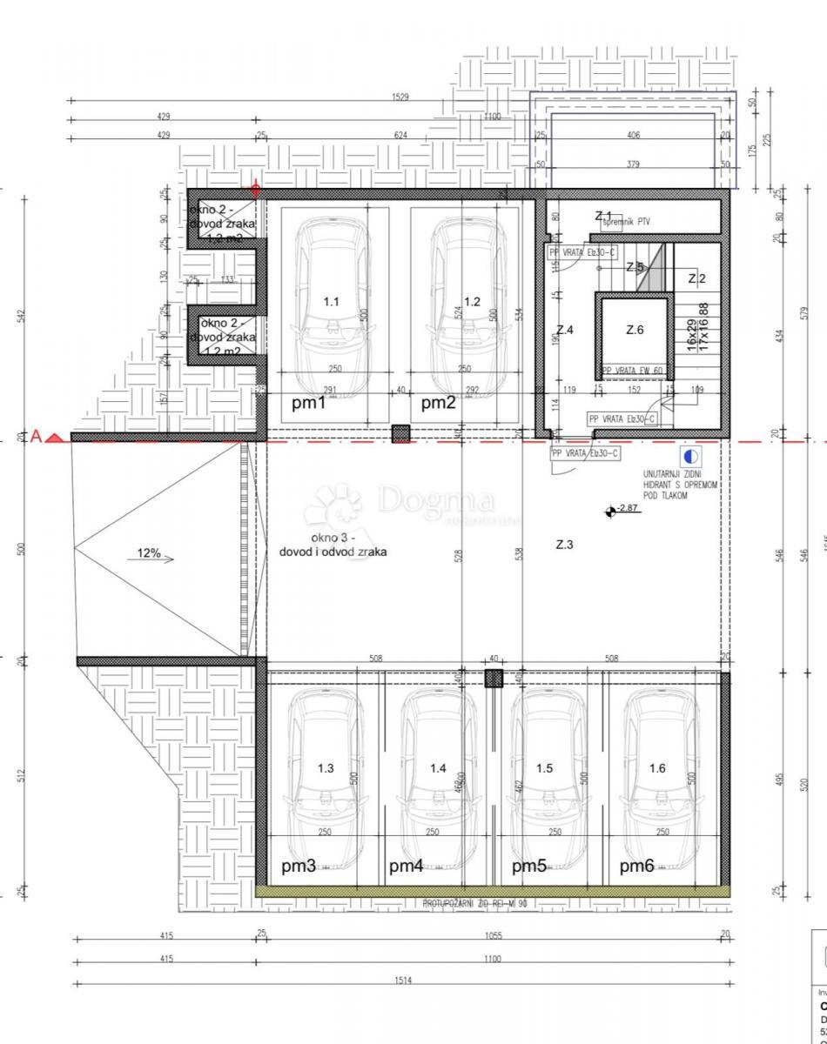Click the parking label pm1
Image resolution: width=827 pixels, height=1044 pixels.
pyautogui.click(x=308, y=403)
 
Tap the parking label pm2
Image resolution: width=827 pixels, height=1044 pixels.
pyautogui.click(x=439, y=403)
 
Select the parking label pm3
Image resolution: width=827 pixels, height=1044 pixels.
pyautogui.click(x=299, y=866)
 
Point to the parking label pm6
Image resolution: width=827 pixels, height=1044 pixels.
pyautogui.click(x=636, y=866)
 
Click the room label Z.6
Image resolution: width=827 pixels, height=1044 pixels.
pyautogui.click(x=635, y=330)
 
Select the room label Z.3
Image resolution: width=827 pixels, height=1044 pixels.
pyautogui.click(x=565, y=545)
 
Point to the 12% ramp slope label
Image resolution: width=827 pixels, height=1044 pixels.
pyautogui.click(x=149, y=553)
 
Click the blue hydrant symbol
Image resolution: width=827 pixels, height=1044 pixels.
pyautogui.click(x=690, y=456)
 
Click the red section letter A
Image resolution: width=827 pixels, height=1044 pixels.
pyautogui.click(x=37, y=436)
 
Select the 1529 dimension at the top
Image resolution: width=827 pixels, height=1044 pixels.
pyautogui.click(x=400, y=97)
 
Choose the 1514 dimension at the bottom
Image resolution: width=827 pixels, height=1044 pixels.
pyautogui.click(x=402, y=980)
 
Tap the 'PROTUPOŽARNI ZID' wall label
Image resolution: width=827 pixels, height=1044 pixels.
pyautogui.click(x=474, y=904)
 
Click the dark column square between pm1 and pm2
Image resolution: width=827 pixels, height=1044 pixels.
pyautogui.click(x=400, y=433)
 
